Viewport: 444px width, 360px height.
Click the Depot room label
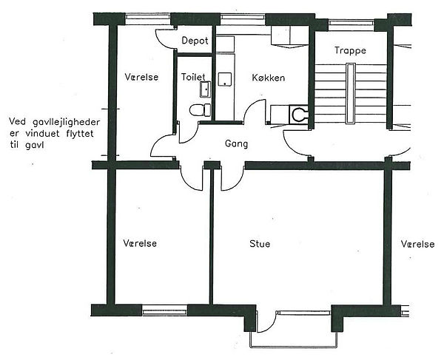coord(195,41)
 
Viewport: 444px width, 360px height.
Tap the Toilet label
coord(193,77)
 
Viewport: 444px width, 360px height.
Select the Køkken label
coord(269,78)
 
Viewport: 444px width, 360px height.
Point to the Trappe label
coord(350,50)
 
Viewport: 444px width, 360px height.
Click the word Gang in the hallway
coord(236,143)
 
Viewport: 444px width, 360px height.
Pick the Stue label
coord(260,243)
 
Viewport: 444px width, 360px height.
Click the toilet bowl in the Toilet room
coord(201,109)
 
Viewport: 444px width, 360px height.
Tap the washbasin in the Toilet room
coord(205,89)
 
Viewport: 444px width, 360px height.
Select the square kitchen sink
coord(225,79)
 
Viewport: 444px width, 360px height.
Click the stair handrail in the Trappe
coord(351,93)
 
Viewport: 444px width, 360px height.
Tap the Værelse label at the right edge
coord(417,244)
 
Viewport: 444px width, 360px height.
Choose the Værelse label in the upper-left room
coord(141,77)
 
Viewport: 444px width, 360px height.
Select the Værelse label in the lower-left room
coord(140,243)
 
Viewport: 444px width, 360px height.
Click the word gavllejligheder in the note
coord(67,123)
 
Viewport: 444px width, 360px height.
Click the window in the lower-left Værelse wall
coord(164,310)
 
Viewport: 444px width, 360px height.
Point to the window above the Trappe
coord(351,24)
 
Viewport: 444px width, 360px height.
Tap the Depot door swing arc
coord(164,40)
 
